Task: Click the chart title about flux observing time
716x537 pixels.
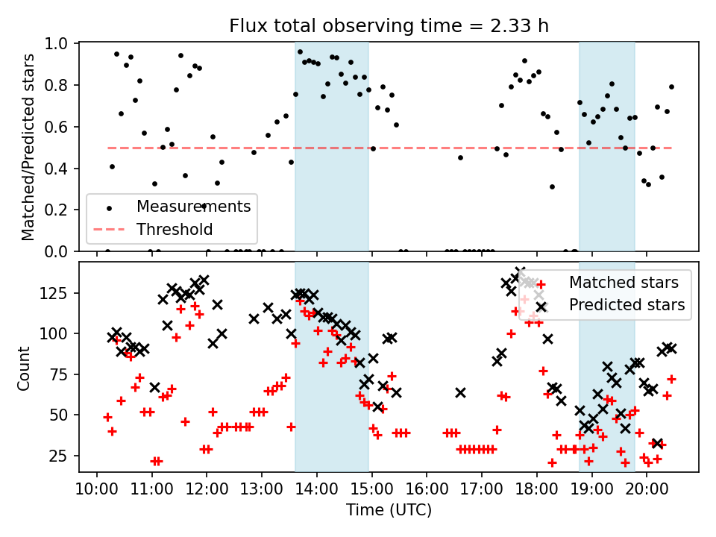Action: (388, 27)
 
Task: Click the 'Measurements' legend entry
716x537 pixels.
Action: (192, 204)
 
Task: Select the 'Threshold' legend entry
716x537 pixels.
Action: (175, 229)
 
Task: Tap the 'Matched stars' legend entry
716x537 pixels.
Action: (624, 283)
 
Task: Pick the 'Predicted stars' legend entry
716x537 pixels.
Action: (627, 304)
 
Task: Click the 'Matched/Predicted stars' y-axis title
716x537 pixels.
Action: (28, 147)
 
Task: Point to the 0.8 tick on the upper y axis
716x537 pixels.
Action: (58, 85)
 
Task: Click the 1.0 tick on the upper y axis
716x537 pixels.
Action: (58, 44)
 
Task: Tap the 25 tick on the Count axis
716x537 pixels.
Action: (60, 456)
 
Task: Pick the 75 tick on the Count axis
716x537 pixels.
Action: (60, 374)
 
